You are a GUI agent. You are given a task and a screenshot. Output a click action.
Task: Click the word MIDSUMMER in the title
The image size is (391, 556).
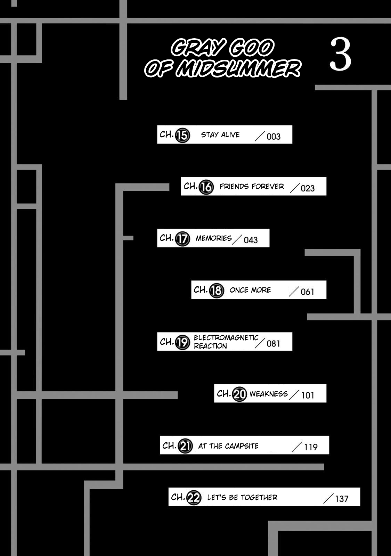click(238, 68)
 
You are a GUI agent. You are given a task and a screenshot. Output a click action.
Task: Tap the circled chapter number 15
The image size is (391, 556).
click(182, 135)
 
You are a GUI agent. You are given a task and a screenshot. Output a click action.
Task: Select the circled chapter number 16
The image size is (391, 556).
click(206, 187)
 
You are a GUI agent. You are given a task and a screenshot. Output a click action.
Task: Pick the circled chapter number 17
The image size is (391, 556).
click(182, 239)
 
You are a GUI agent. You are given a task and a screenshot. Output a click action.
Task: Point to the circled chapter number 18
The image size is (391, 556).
click(217, 291)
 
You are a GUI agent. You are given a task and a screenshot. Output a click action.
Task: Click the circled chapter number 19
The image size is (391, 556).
click(182, 343)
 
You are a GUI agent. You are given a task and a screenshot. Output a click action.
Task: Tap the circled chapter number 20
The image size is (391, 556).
click(239, 394)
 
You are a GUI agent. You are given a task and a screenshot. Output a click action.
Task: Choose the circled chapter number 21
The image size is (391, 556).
click(185, 446)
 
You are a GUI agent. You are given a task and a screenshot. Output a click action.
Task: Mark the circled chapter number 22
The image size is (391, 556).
click(194, 498)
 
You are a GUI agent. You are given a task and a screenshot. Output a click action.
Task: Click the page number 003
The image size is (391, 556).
click(273, 137)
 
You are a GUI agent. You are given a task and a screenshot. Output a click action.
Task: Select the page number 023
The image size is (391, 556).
click(308, 188)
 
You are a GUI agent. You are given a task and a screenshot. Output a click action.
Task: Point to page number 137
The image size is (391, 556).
click(342, 499)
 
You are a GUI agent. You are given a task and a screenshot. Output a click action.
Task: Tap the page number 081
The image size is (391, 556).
click(273, 344)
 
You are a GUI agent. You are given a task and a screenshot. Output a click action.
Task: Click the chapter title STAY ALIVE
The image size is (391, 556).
click(220, 135)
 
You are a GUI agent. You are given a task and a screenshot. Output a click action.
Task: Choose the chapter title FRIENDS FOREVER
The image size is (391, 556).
click(252, 186)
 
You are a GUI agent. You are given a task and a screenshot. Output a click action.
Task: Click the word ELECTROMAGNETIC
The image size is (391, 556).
click(226, 337)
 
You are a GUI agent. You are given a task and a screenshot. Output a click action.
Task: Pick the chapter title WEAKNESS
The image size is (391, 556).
click(269, 394)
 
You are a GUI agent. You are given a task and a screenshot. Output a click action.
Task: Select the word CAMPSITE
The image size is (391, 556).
click(242, 446)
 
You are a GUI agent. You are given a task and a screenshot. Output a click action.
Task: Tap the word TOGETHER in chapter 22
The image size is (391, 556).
click(259, 498)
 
